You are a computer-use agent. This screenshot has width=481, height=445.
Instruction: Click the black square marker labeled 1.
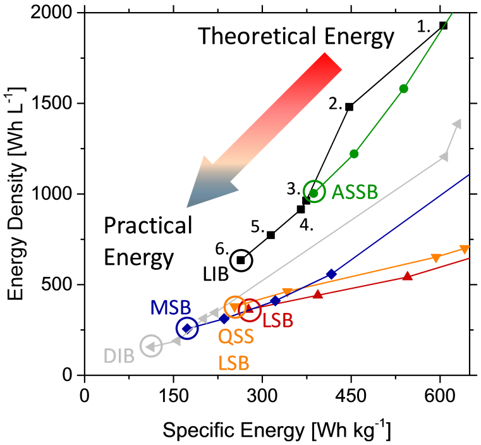pos(443,25)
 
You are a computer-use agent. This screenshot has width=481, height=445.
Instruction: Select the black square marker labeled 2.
pos(349,107)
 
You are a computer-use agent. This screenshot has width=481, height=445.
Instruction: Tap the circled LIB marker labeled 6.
pos(241,260)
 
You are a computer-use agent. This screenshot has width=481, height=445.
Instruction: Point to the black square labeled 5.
pos(271,235)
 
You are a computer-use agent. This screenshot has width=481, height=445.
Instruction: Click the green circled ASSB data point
pos(314,193)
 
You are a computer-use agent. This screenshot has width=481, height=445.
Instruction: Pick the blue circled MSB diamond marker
pos(187,328)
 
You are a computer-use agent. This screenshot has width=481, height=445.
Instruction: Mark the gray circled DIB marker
pos(151,345)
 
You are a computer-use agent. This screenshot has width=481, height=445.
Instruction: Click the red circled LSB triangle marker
pos(249,308)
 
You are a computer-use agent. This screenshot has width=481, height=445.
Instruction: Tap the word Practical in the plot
pos(147,226)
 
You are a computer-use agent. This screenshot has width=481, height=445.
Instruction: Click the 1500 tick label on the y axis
pos(59,103)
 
